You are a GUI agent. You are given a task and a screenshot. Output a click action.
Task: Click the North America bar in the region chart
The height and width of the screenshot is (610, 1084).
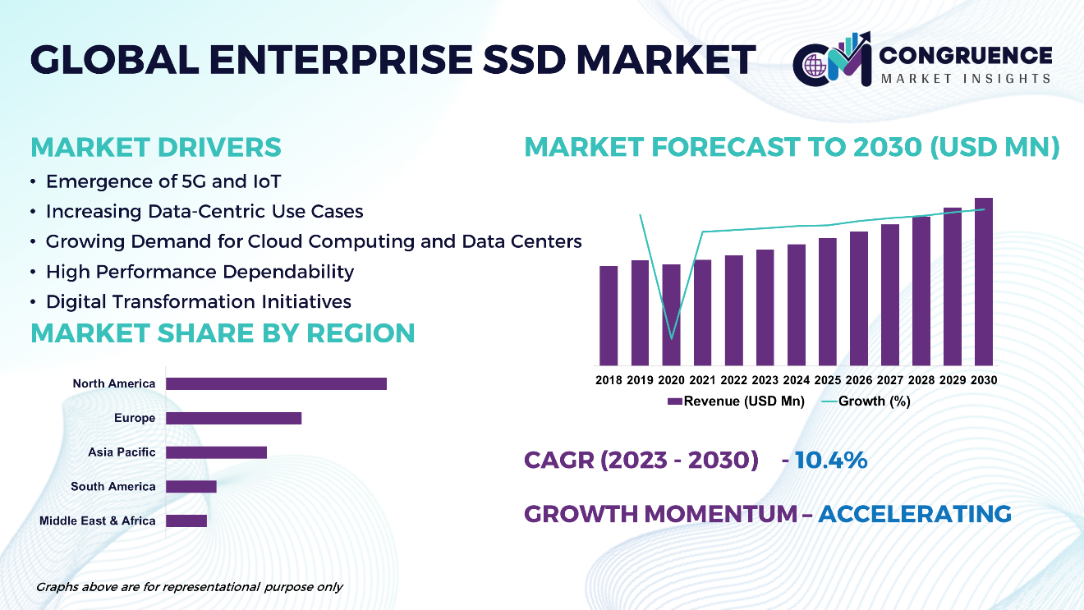click(276, 383)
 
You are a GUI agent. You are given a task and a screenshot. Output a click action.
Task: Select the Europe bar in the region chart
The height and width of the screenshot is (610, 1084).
click(234, 418)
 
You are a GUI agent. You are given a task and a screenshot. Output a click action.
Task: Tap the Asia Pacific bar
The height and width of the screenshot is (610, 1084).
click(217, 452)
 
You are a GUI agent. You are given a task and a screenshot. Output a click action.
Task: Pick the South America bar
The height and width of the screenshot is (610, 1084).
click(191, 486)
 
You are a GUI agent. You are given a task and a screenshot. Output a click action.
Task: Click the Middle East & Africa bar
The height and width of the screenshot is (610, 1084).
click(186, 521)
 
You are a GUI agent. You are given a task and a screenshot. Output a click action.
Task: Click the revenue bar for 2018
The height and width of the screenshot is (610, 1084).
click(609, 315)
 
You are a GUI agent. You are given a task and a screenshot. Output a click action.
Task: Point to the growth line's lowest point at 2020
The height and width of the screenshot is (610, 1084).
click(672, 337)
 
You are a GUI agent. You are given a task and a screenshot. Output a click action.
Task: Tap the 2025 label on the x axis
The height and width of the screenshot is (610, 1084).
click(827, 380)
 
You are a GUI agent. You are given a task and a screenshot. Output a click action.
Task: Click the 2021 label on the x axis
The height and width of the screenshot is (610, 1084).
click(702, 380)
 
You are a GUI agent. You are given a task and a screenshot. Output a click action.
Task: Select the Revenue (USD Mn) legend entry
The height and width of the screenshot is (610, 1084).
click(736, 401)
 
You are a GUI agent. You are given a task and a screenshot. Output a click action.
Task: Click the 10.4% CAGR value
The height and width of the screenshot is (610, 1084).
click(830, 460)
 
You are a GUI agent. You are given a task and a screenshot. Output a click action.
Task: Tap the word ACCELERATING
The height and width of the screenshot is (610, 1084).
click(915, 514)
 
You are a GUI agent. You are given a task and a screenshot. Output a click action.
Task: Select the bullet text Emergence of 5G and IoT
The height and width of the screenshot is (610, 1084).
click(163, 181)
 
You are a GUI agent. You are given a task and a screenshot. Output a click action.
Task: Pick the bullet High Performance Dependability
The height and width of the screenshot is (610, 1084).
click(200, 272)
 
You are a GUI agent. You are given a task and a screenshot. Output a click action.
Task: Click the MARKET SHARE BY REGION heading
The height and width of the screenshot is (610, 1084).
click(223, 333)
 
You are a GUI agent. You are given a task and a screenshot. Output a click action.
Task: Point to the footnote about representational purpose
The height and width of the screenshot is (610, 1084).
click(189, 587)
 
